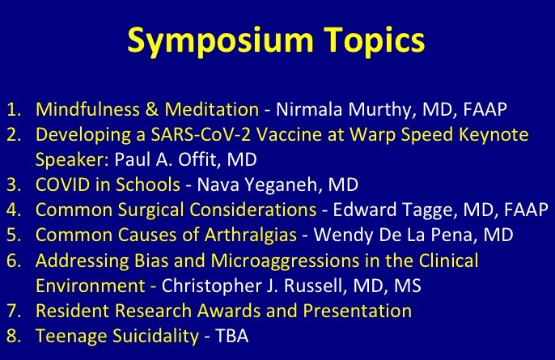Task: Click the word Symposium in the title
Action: (x=220, y=41)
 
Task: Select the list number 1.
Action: (x=14, y=109)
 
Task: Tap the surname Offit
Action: (x=197, y=159)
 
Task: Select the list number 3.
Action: (x=14, y=185)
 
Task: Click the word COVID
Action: (x=63, y=184)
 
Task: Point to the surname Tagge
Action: (x=427, y=210)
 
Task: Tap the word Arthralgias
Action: (x=251, y=235)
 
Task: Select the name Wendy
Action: (x=343, y=235)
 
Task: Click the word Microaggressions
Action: (x=286, y=260)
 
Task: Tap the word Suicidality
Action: (x=156, y=336)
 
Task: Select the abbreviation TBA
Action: (x=232, y=336)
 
